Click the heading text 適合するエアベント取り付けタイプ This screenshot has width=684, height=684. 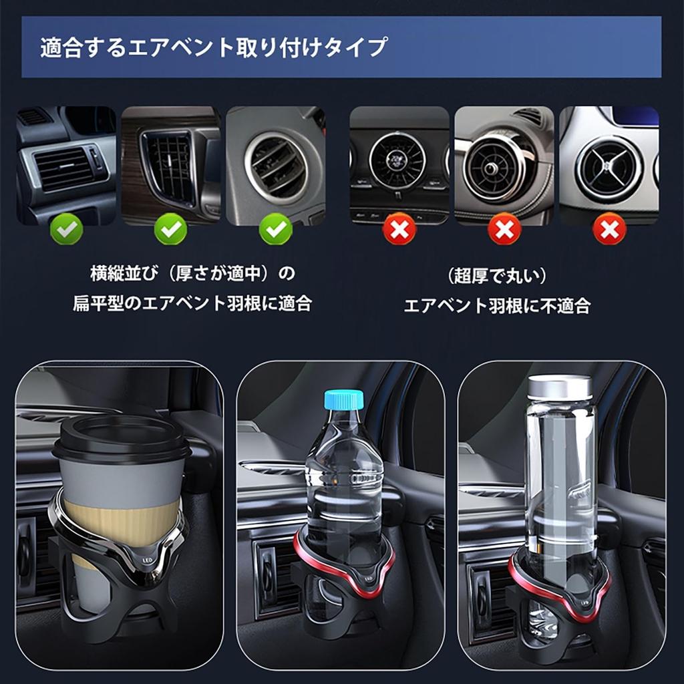click(x=214, y=48)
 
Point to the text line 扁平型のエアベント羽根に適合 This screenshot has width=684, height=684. click(x=192, y=304)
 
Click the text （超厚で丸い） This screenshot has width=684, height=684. click(x=497, y=275)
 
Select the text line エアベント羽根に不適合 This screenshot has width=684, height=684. click(x=497, y=306)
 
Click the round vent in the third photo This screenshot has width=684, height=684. click(x=275, y=165)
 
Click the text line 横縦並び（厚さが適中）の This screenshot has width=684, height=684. click(x=192, y=273)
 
